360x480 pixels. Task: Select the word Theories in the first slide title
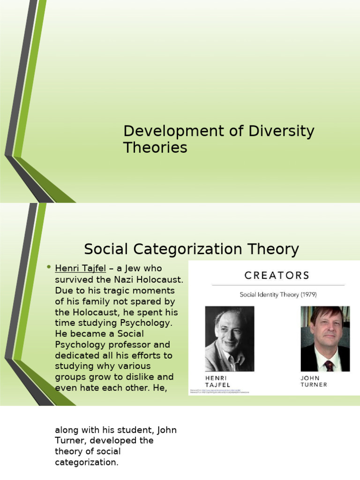pyautogui.click(x=155, y=148)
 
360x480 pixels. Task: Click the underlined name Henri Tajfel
pyautogui.click(x=81, y=269)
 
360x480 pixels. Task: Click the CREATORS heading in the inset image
pyautogui.click(x=277, y=275)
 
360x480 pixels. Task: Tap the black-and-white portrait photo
pyautogui.click(x=230, y=338)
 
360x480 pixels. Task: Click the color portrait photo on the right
pyautogui.click(x=325, y=338)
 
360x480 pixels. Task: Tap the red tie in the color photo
pyautogui.click(x=329, y=365)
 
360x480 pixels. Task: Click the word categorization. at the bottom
pyautogui.click(x=87, y=462)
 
